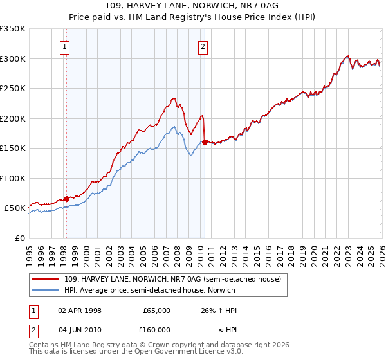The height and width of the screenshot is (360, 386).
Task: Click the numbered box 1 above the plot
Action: (x=66, y=46)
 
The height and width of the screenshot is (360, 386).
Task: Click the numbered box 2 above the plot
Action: (x=203, y=46)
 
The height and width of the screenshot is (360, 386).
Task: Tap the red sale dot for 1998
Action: (x=66, y=199)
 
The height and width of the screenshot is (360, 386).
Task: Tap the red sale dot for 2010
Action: (x=205, y=143)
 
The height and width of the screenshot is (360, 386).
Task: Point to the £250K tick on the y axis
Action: (x=13, y=89)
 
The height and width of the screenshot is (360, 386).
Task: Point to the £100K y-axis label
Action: (x=13, y=178)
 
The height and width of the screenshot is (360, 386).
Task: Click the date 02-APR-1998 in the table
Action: (x=80, y=310)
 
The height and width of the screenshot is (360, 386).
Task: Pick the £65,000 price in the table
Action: (x=156, y=310)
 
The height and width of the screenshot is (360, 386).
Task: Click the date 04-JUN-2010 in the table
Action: (x=80, y=330)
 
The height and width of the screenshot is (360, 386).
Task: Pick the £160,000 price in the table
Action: (x=156, y=330)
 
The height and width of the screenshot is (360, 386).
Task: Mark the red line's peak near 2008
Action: (x=174, y=98)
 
